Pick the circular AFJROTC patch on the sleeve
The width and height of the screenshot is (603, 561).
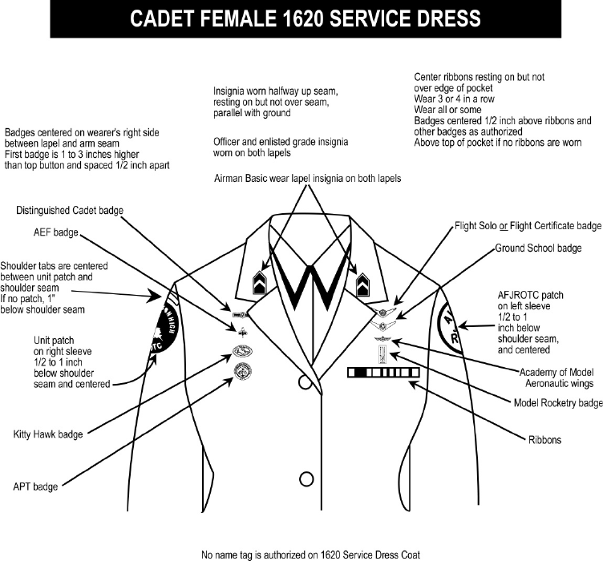pyautogui.click(x=451, y=325)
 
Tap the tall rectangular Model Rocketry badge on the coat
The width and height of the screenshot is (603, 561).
pyautogui.click(x=379, y=353)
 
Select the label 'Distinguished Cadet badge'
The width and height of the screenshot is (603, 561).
pyautogui.click(x=71, y=211)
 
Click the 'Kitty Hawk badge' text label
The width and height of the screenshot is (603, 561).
pyautogui.click(x=48, y=434)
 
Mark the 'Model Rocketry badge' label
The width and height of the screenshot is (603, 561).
pyautogui.click(x=557, y=402)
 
